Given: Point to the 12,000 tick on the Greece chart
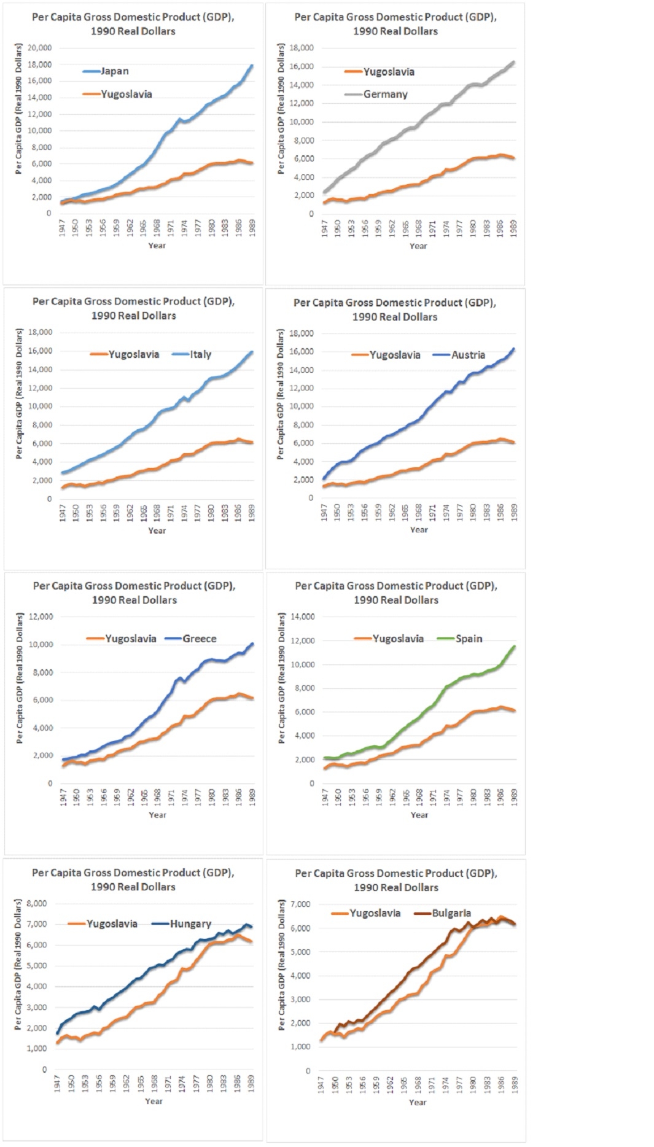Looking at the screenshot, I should (x=41, y=616).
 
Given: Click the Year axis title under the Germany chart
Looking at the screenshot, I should (x=418, y=246).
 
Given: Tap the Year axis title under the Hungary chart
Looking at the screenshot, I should (x=154, y=1101).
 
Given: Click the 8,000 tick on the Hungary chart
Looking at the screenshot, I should (x=37, y=903).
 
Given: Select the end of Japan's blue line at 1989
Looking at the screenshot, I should (x=252, y=66).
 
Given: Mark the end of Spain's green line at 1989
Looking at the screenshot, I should (x=514, y=646).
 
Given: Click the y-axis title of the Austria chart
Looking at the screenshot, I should (x=281, y=394).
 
